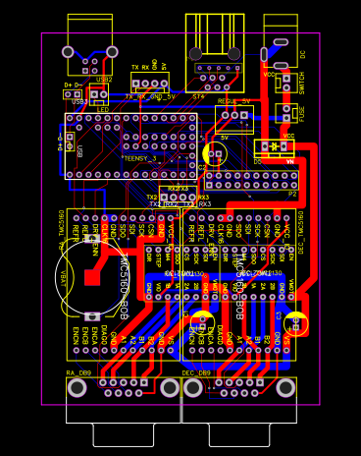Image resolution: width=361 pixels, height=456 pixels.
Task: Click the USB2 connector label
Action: tap(103, 80)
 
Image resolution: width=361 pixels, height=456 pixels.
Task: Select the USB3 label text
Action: tap(79, 101)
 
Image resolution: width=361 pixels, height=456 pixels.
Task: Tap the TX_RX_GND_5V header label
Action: tap(150, 97)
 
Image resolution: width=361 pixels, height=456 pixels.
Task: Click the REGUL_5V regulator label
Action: tap(233, 101)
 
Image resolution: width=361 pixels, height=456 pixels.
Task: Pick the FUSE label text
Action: tap(301, 113)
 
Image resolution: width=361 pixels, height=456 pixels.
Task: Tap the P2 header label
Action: tap(291, 195)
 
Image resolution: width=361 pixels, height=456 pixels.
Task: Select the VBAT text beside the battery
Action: tap(64, 278)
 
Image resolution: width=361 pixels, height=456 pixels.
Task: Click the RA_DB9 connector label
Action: tap(78, 373)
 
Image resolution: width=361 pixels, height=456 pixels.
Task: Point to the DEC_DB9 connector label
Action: tap(196, 373)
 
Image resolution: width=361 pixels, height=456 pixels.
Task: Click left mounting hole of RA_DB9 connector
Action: tap(77, 388)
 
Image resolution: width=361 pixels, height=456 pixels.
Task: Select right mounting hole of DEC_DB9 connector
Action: tap(285, 388)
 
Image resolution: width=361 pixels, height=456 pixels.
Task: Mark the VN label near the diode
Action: tap(289, 160)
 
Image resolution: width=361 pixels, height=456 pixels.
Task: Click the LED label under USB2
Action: tap(102, 110)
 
